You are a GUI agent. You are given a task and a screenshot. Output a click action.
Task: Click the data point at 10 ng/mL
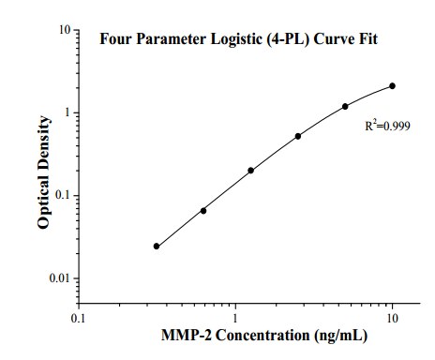click(392, 85)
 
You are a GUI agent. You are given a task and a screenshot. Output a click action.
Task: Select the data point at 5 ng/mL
click(345, 106)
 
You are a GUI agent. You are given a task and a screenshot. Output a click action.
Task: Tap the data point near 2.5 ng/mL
click(298, 136)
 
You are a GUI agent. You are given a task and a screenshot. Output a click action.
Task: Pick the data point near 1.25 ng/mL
click(250, 171)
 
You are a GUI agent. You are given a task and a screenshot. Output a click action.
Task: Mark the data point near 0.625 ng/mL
click(203, 211)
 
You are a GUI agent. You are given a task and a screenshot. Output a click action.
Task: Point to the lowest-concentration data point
click(157, 247)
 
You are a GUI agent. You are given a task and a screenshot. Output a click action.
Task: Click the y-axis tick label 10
click(65, 30)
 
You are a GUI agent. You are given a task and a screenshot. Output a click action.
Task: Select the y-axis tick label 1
click(67, 112)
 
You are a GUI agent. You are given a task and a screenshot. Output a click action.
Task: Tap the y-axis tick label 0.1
click(63, 196)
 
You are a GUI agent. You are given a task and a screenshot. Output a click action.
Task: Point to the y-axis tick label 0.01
click(60, 278)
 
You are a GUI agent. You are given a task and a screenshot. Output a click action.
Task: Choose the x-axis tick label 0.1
click(79, 318)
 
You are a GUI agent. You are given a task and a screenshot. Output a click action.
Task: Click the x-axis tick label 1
click(235, 318)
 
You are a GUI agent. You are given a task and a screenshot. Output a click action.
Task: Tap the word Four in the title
click(116, 39)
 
